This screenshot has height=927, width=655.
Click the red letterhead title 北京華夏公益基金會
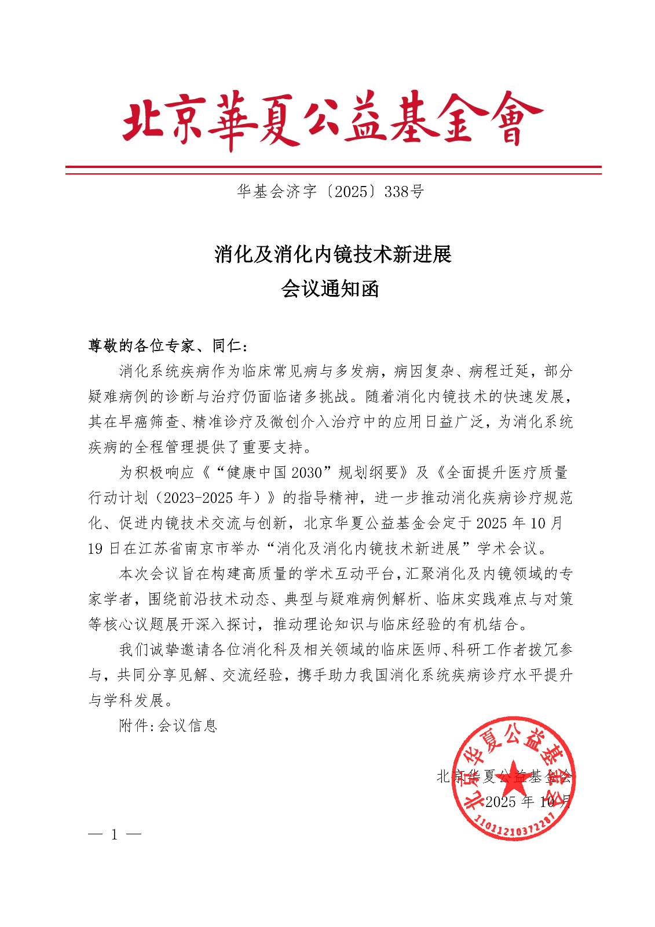pyautogui.click(x=332, y=120)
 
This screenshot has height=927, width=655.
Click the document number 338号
pyautogui.click(x=404, y=192)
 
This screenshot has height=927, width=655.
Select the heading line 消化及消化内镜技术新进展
pyautogui.click(x=332, y=254)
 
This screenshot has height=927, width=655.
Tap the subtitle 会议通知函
pyautogui.click(x=330, y=289)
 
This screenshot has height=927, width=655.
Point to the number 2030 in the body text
pyautogui.click(x=306, y=473)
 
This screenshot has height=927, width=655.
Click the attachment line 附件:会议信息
pyautogui.click(x=168, y=725)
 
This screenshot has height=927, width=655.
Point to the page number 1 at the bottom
pyautogui.click(x=115, y=835)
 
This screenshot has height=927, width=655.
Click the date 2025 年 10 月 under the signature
pyautogui.click(x=527, y=802)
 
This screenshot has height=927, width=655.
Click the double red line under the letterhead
pyautogui.click(x=332, y=170)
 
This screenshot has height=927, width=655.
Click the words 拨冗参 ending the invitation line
pyautogui.click(x=550, y=649)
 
